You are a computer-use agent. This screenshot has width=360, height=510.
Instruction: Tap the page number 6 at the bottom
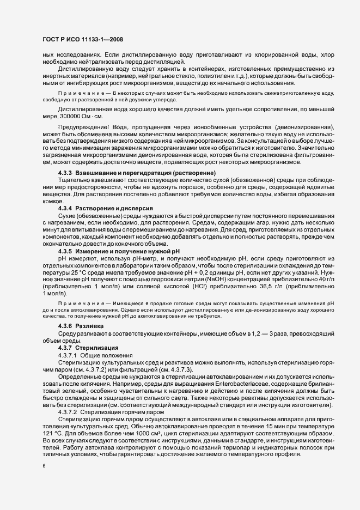coord(44,466)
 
